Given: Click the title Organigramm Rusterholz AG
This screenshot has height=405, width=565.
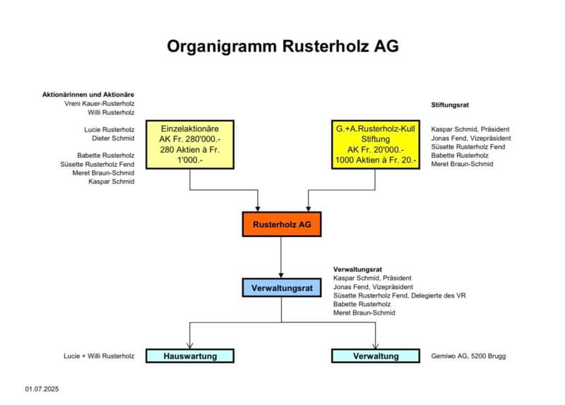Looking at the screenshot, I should point(282,47).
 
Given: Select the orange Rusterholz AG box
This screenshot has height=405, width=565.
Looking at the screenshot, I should point(281,224).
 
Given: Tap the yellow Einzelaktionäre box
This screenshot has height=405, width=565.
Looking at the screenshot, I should point(190,145).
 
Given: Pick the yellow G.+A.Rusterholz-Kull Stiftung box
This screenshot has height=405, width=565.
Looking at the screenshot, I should point(374,145).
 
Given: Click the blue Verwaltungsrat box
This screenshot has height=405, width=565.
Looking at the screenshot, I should point(281,288).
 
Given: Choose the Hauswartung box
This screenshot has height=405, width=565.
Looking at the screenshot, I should point(189,356).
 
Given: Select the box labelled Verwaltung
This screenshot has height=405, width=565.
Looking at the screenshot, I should point(375,356).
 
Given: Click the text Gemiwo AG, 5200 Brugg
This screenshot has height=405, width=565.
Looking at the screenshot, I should point(468,356).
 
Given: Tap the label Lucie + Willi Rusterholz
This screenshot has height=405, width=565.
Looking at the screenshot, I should point(99,356).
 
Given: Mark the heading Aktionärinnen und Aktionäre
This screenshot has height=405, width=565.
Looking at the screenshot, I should point(88,94).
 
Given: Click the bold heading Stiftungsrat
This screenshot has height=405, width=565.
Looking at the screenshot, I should point(451,104).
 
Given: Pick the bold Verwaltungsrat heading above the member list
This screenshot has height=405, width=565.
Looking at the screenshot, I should point(357,269).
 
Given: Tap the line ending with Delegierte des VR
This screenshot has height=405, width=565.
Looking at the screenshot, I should point(399,295).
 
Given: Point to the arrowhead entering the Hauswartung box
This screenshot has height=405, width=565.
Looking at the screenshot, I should point(189,345).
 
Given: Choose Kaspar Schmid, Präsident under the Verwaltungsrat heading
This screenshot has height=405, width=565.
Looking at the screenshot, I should point(371,278).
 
